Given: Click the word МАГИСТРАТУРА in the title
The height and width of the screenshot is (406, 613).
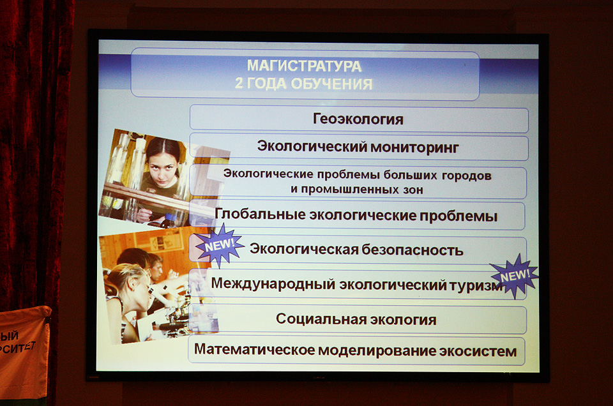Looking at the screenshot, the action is [x=304, y=66].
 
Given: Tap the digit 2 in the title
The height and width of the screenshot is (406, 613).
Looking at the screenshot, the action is [x=238, y=83].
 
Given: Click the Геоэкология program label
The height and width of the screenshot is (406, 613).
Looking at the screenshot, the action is [x=358, y=119].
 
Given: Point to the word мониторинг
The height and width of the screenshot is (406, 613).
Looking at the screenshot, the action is [x=414, y=147].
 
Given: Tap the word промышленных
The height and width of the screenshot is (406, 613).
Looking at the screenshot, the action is [x=345, y=190].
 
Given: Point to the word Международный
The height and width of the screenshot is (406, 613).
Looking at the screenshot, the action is [x=273, y=283].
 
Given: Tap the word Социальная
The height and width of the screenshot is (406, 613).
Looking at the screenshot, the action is [x=321, y=319].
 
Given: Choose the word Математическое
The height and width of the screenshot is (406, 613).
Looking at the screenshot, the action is [x=254, y=349].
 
